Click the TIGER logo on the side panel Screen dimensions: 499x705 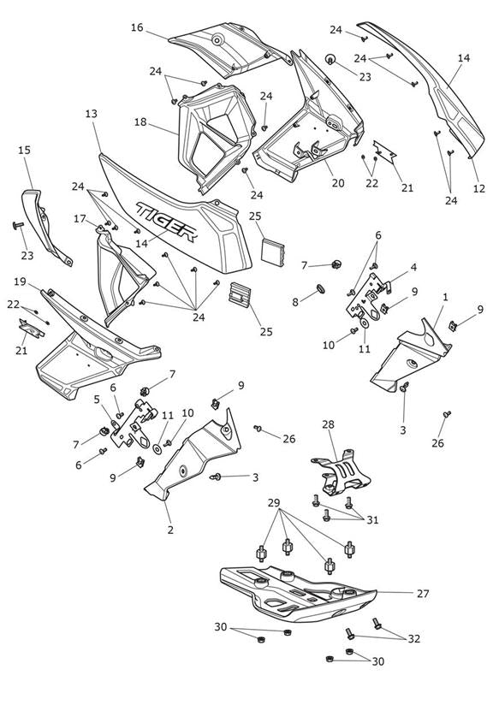pyautogui.click(x=168, y=222)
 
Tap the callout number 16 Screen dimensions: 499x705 pyautogui.click(x=137, y=28)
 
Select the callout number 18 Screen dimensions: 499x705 pyautogui.click(x=140, y=121)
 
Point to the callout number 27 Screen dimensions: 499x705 pyautogui.click(x=423, y=594)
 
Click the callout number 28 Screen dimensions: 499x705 pyautogui.click(x=329, y=424)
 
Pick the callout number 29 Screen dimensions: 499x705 pyautogui.click(x=274, y=503)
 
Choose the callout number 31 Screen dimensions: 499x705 pyautogui.click(x=372, y=520)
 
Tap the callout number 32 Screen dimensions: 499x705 pyautogui.click(x=413, y=638)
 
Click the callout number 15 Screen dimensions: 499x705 pyautogui.click(x=24, y=150)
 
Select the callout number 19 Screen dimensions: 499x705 pyautogui.click(x=20, y=281)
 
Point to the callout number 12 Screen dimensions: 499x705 pyautogui.click(x=479, y=188)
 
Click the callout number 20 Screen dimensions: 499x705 pyautogui.click(x=338, y=182)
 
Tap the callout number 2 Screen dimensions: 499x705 pyautogui.click(x=170, y=530)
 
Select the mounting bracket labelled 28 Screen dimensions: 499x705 pyautogui.click(x=341, y=472)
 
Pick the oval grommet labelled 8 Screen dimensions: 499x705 pyautogui.click(x=321, y=287)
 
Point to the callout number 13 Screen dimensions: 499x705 pyautogui.click(x=91, y=114)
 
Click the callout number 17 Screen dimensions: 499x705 pyautogui.click(x=80, y=219)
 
